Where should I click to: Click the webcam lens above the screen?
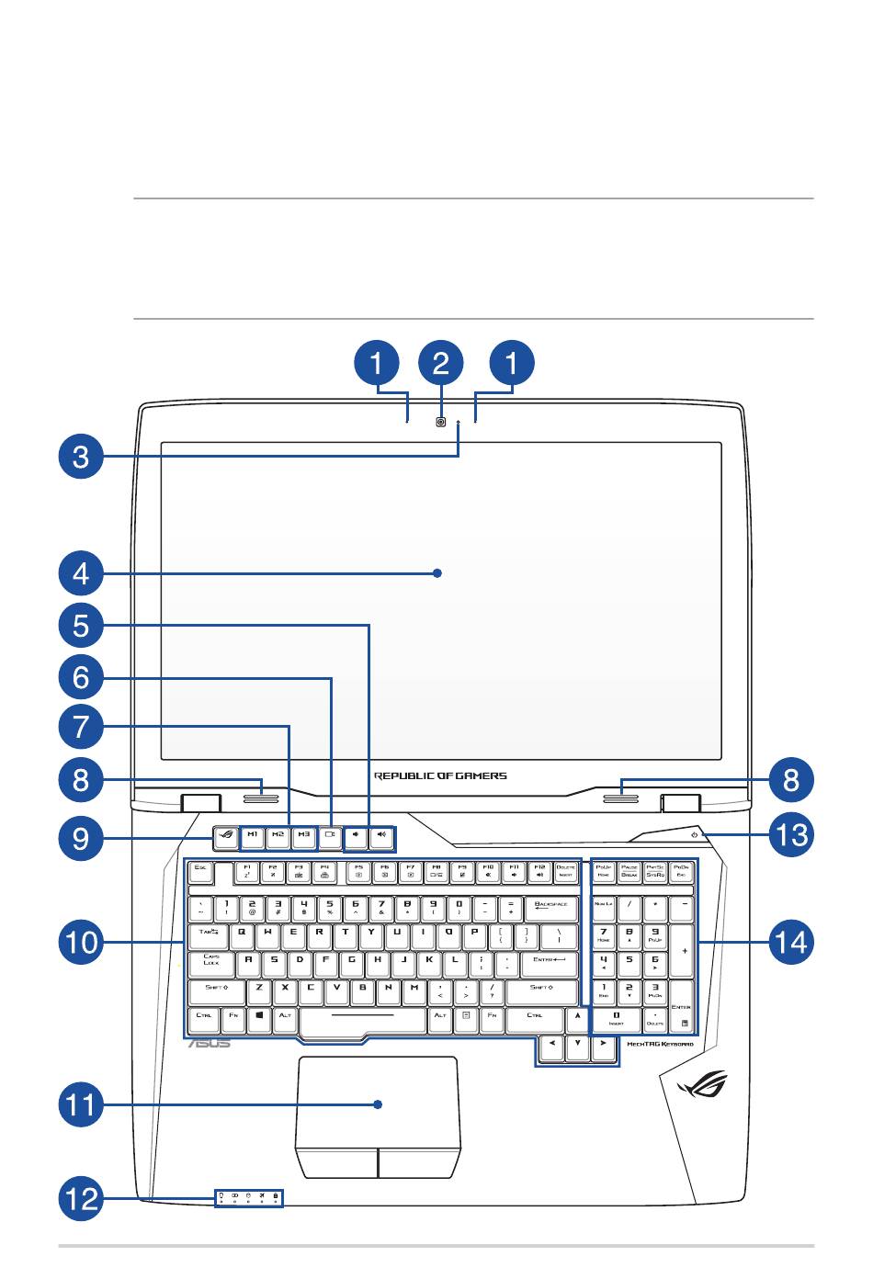point(442,423)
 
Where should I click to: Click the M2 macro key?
point(278,836)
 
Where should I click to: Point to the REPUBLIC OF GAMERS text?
point(440,775)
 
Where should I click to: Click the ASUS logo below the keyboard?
point(210,1044)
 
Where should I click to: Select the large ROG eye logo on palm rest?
point(701,1090)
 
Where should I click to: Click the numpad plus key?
point(682,950)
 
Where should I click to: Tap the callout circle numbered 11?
point(82,1103)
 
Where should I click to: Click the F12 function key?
point(539,869)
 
